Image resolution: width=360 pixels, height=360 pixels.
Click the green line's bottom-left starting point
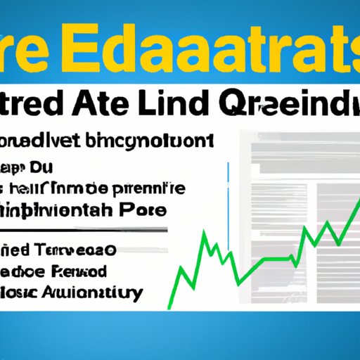pyautogui.click(x=170, y=307)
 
